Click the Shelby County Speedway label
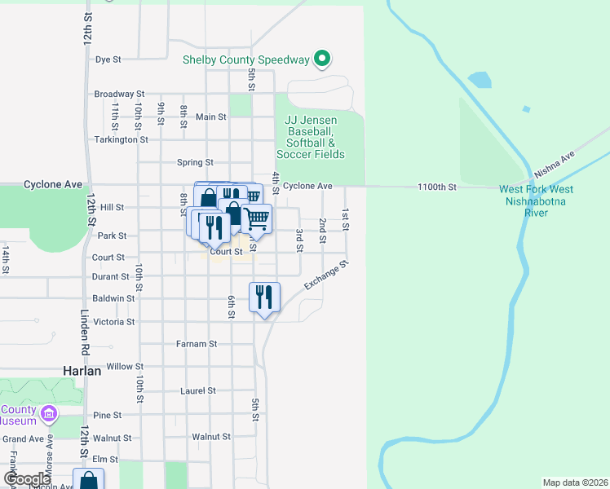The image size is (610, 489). pos(245,59)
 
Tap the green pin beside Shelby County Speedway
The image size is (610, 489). pos(322,59)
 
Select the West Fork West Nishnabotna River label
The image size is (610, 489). pos(537,200)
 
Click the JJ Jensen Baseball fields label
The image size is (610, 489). pos(310,137)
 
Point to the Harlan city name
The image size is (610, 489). pos(82,370)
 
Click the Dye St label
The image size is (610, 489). pos(108,59)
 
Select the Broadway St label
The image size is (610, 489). pos(119,94)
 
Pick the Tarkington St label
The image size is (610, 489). pos(121,139)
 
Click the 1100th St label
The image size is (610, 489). pos(437,187)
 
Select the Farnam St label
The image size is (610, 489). pos(197,344)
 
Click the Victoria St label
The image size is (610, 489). pos(114,322)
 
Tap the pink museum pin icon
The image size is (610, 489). pos(49,415)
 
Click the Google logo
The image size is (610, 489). pos(27,479)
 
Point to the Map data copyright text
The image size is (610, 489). pos(575,482)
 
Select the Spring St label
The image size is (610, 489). pos(195,162)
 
